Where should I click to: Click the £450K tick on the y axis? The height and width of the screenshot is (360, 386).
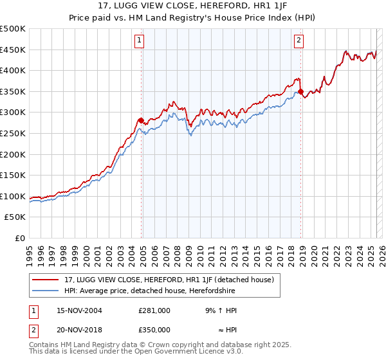point(13,50)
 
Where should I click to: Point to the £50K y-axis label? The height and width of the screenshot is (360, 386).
point(15,217)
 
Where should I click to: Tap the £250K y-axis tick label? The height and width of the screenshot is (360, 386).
point(13,133)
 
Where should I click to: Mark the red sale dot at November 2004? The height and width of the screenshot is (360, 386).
point(141,120)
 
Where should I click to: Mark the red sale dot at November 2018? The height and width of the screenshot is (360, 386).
point(300,92)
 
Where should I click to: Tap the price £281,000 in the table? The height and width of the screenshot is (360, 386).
point(154,310)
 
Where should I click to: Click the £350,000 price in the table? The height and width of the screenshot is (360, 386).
point(154,329)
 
